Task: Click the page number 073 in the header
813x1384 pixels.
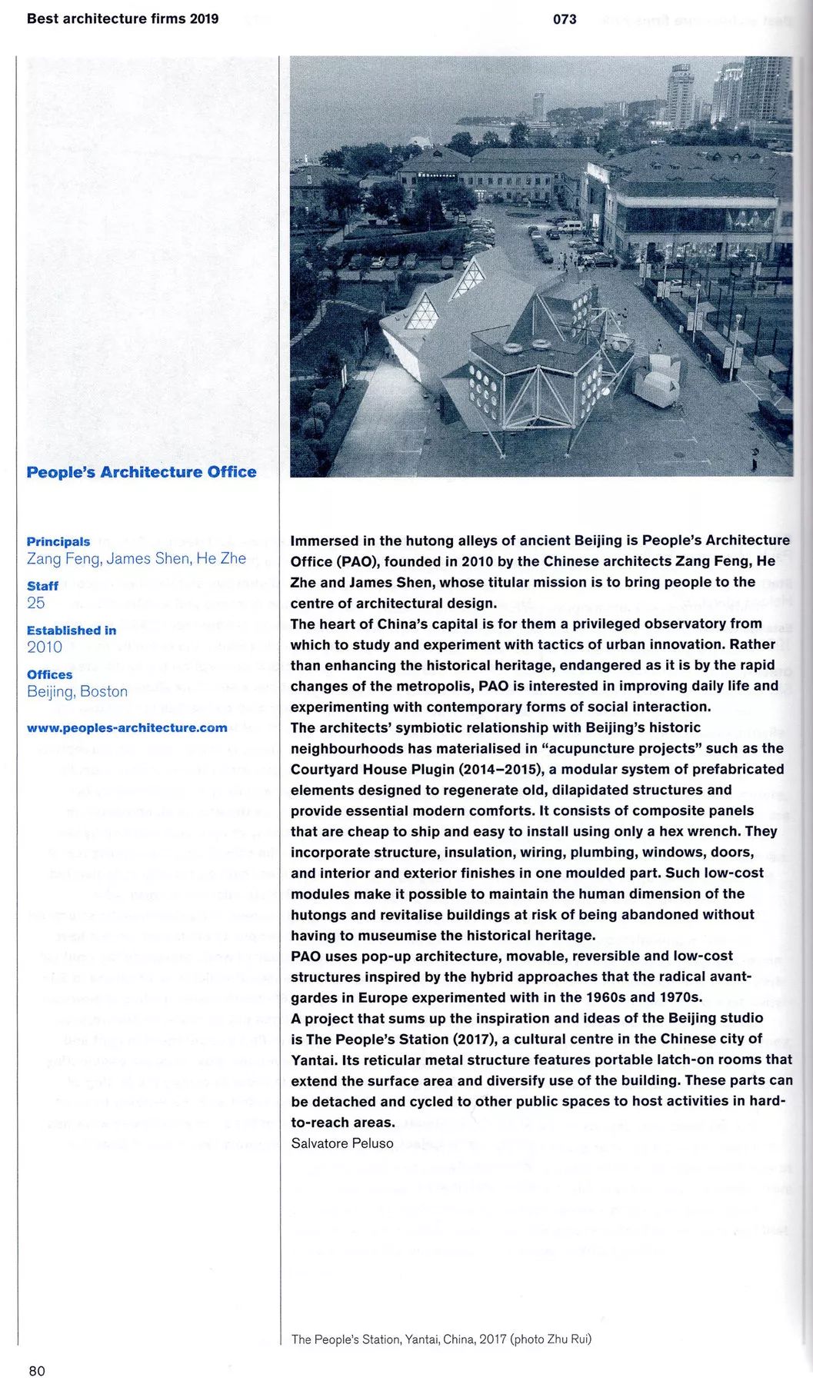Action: click(x=565, y=19)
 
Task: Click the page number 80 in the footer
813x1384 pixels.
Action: click(x=37, y=1370)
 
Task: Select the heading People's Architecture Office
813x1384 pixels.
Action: click(x=142, y=472)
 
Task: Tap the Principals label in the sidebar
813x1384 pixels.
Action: click(x=58, y=541)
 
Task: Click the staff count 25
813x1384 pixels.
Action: click(x=36, y=603)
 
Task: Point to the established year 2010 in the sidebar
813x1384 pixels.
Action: click(x=45, y=647)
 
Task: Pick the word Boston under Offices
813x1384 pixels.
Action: click(x=104, y=691)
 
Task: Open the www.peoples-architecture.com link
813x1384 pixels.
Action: click(x=127, y=727)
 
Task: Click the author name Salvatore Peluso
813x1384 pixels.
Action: click(x=342, y=1143)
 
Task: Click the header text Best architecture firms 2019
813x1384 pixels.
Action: click(x=122, y=19)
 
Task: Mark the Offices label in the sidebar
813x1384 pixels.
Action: click(x=50, y=674)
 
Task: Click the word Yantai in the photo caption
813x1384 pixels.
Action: click(x=421, y=1339)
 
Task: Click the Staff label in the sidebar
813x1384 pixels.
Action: click(x=43, y=586)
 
